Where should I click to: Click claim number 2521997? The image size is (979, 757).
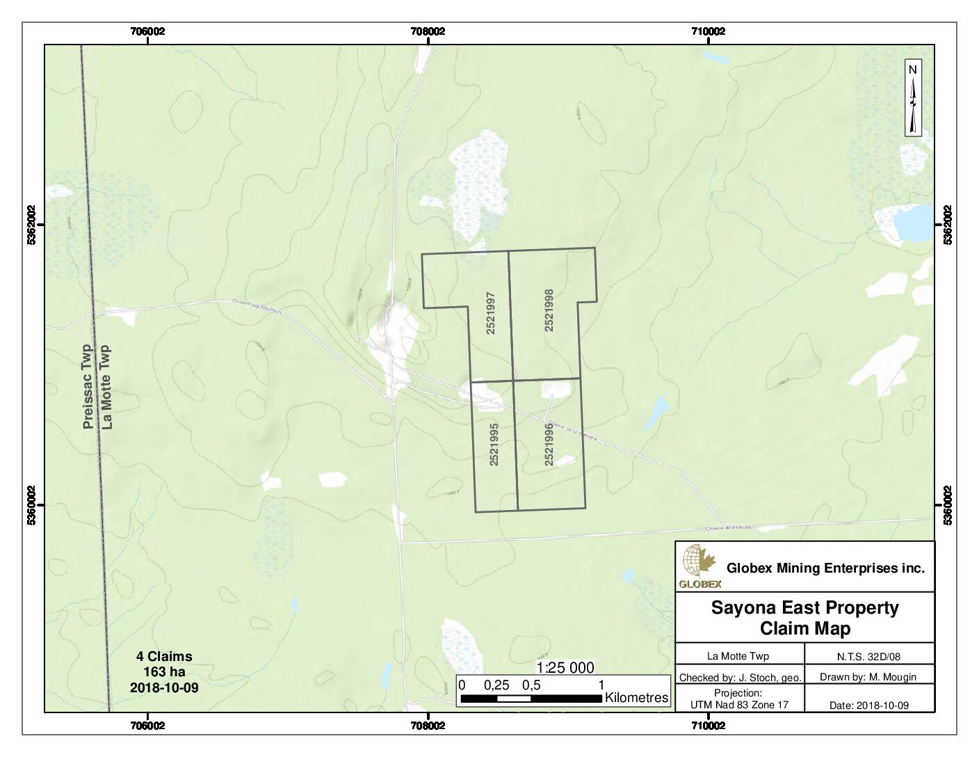(x=491, y=314)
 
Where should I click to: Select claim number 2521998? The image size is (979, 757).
(x=549, y=310)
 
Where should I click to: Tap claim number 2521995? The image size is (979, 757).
(x=494, y=444)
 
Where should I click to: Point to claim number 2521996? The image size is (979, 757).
(x=549, y=444)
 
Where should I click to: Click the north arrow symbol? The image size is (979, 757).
(x=914, y=99)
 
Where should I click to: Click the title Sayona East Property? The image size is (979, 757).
(x=804, y=607)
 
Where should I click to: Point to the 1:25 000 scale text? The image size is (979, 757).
(x=565, y=668)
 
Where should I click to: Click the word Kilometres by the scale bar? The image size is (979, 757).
(x=636, y=697)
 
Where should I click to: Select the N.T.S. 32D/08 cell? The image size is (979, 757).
(x=869, y=655)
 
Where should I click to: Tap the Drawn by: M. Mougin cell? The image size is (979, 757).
(x=869, y=677)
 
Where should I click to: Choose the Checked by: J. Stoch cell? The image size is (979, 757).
(x=740, y=677)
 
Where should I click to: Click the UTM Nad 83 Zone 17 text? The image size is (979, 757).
(x=740, y=705)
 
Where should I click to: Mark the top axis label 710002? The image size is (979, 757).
(x=709, y=31)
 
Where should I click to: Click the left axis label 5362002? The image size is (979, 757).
(x=31, y=225)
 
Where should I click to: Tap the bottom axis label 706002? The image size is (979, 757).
(x=147, y=726)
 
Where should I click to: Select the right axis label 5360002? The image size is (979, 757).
(x=948, y=506)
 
